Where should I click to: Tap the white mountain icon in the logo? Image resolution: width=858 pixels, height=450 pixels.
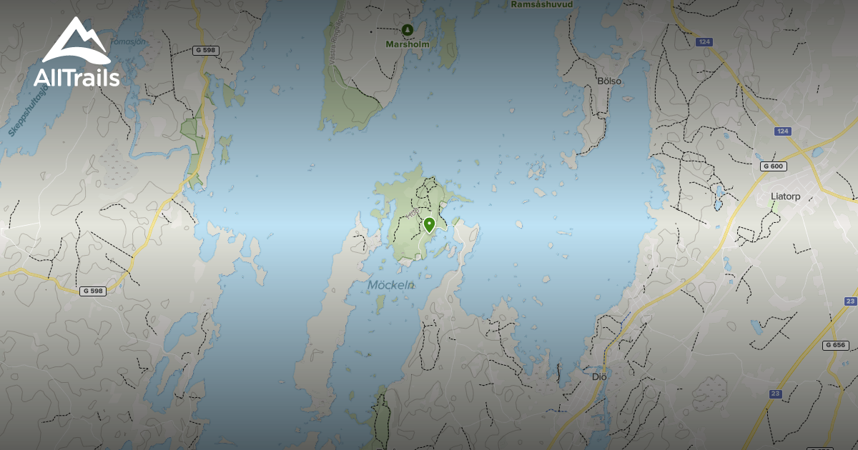click(76, 43)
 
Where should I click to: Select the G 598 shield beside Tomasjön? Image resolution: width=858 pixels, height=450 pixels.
click(206, 50)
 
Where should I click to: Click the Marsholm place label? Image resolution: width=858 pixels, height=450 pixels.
click(408, 44)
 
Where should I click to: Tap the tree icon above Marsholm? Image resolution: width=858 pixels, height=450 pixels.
click(408, 29)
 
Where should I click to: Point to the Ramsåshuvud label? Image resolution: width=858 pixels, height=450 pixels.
click(543, 4)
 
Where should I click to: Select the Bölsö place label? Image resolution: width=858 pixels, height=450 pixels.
click(609, 81)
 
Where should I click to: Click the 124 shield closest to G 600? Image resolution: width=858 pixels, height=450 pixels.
click(781, 131)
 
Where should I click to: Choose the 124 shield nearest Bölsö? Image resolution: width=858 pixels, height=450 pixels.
click(704, 43)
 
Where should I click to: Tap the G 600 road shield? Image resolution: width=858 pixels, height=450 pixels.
click(773, 166)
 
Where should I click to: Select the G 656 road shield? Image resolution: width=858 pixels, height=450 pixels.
click(835, 345)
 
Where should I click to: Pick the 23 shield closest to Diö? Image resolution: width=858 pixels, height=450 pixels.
click(776, 394)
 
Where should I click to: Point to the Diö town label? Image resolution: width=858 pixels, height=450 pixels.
click(599, 376)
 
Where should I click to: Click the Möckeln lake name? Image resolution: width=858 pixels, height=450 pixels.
click(391, 285)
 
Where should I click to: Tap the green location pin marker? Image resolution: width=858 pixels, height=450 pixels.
click(429, 225)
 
